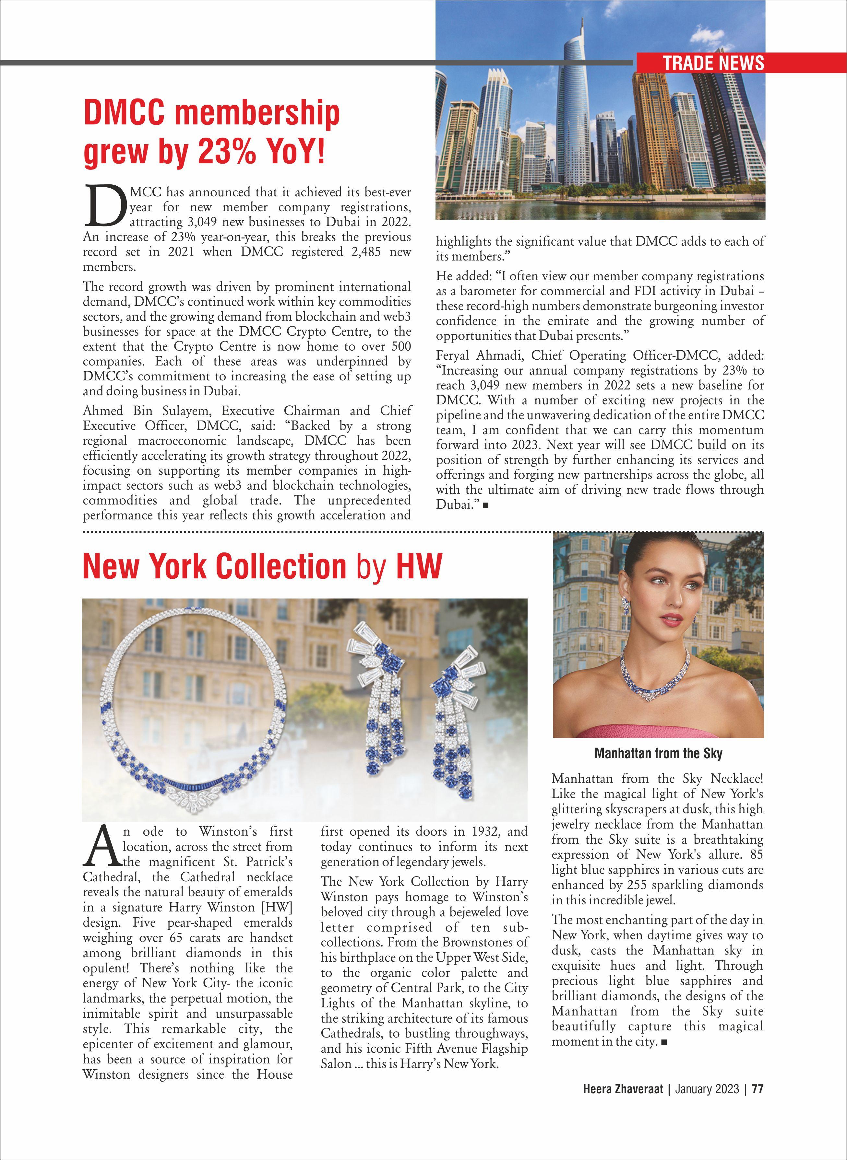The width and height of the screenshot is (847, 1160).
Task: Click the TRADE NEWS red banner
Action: pyautogui.click(x=713, y=63)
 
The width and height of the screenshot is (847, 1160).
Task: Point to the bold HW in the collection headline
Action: pyautogui.click(x=418, y=566)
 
